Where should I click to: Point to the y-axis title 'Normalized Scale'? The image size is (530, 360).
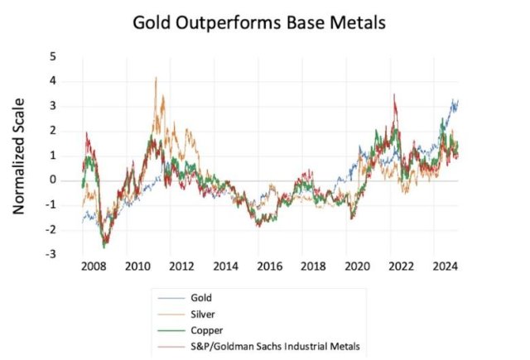click(x=19, y=156)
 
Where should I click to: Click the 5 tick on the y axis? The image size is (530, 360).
click(x=53, y=56)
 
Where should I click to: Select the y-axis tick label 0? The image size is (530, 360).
click(x=53, y=180)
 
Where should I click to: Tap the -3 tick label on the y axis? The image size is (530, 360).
click(x=51, y=254)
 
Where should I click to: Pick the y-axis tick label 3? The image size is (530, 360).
click(x=53, y=106)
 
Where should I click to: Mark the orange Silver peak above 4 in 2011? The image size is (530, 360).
click(x=156, y=78)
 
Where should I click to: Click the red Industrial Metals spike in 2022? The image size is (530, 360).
click(x=394, y=95)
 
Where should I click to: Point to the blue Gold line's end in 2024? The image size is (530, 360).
click(x=457, y=100)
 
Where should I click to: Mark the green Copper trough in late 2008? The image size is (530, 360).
click(x=104, y=247)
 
